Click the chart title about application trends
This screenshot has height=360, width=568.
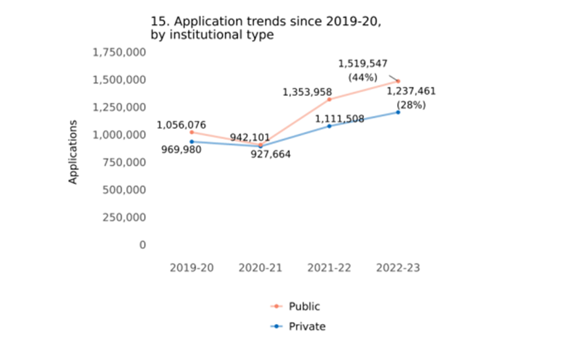266,28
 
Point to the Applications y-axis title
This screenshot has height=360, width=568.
73,152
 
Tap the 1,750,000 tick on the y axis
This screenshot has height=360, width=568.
119,52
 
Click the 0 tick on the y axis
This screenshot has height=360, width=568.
142,245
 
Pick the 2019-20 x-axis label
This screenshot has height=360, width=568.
191,268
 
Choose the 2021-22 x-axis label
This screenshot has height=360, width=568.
329,268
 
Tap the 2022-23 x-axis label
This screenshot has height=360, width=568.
398,268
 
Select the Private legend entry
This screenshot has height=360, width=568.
306,327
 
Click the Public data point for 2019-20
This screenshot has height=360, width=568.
192,132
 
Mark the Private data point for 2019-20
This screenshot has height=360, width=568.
192,142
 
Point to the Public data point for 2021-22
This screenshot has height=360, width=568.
329,99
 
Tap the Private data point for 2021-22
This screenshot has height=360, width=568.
329,126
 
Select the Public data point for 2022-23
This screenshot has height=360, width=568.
398,81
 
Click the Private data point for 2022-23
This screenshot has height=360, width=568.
398,112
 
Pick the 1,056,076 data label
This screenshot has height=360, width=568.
182,125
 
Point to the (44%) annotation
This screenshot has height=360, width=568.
363,77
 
